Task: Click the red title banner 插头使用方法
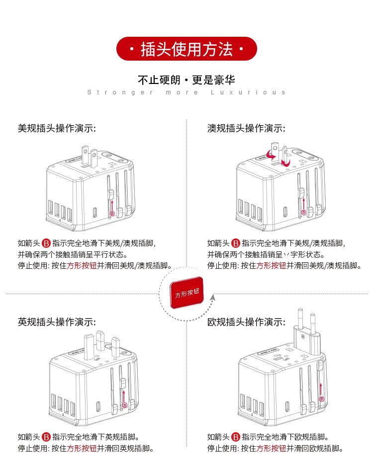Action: coord(186,50)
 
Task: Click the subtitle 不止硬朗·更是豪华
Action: coord(186,80)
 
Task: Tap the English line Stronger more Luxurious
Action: coord(186,92)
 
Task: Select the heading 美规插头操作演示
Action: coord(57,128)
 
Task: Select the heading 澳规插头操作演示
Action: coord(246,128)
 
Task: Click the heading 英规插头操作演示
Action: coord(57,322)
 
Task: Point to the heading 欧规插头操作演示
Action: coord(246,322)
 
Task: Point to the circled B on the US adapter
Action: coord(112,214)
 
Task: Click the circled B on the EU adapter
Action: coord(322,399)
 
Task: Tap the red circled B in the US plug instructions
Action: coord(46,243)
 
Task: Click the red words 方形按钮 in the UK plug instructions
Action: coord(82,448)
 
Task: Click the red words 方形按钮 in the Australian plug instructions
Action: coord(271,265)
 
